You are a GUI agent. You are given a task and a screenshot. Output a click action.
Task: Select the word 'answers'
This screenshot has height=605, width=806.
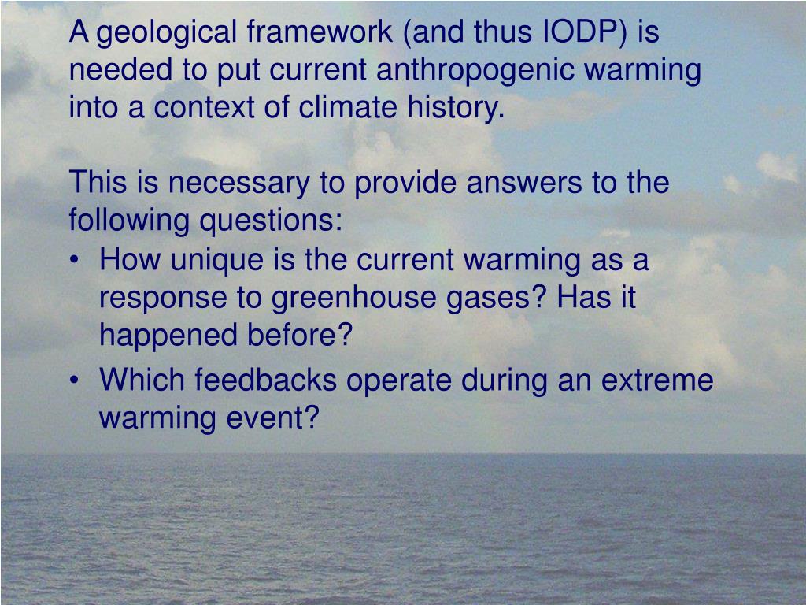520,184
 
